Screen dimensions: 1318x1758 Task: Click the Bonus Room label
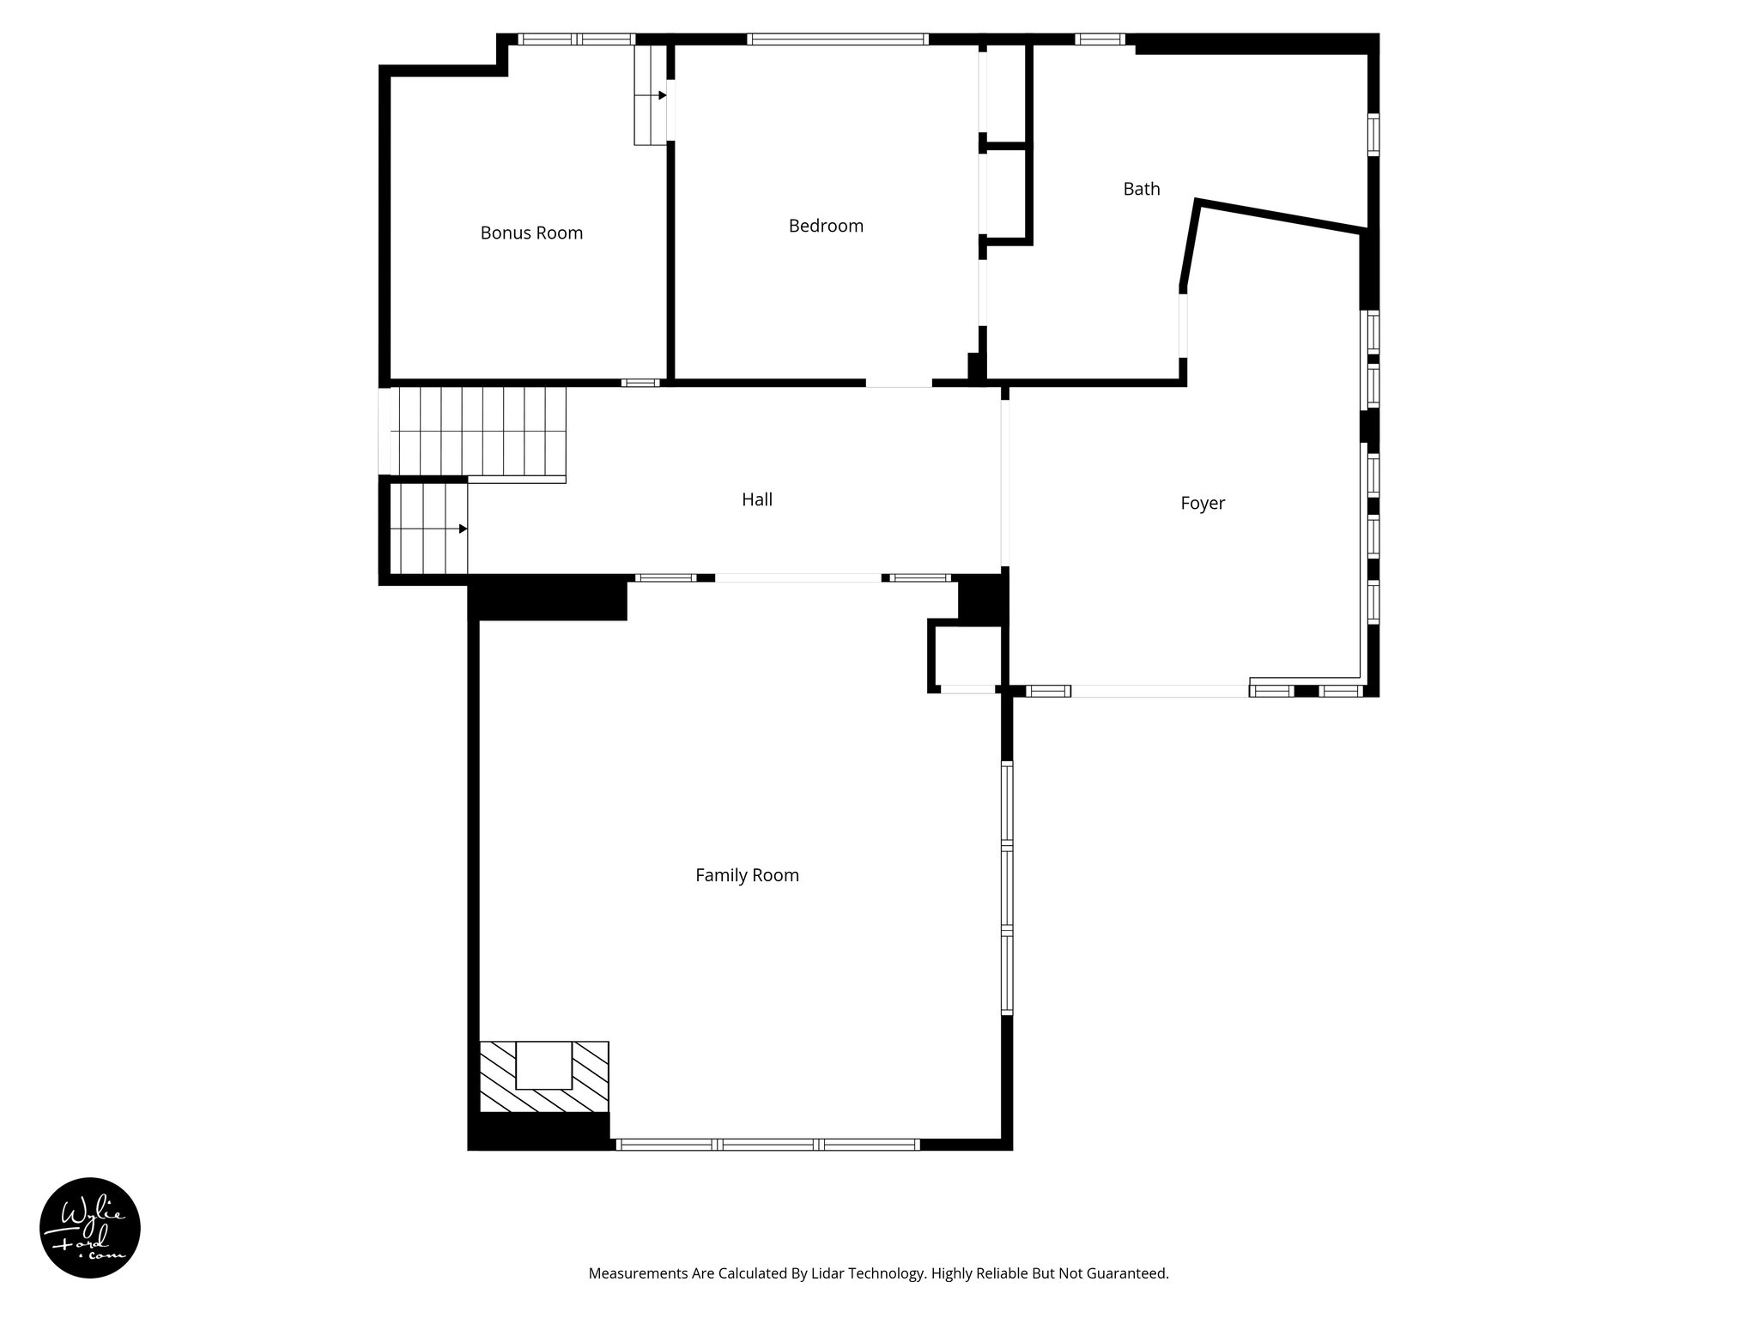[x=531, y=233]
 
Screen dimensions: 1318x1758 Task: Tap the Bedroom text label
[x=826, y=226]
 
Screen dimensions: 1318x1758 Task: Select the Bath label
[x=1141, y=189]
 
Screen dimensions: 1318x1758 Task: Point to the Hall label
[x=756, y=499]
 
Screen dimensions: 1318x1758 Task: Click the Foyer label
[x=1202, y=504]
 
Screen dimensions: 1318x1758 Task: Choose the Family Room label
[x=747, y=875]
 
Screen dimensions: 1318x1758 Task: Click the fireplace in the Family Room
[x=543, y=1077]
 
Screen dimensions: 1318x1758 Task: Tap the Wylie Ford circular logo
[x=90, y=1227]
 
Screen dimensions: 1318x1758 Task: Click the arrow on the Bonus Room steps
[x=662, y=95]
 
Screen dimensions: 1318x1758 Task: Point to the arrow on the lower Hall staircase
[x=463, y=529]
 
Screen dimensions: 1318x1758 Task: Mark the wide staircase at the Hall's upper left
[x=478, y=432]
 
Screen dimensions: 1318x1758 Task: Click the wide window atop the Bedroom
[x=837, y=39]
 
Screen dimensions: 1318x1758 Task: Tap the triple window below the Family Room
[x=767, y=1144]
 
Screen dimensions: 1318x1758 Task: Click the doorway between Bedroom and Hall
[x=898, y=383]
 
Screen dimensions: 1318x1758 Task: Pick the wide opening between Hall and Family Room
[x=797, y=577]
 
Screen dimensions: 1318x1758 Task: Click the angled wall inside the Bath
[x=1279, y=216]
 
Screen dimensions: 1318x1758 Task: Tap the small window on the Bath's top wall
[x=1100, y=39]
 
